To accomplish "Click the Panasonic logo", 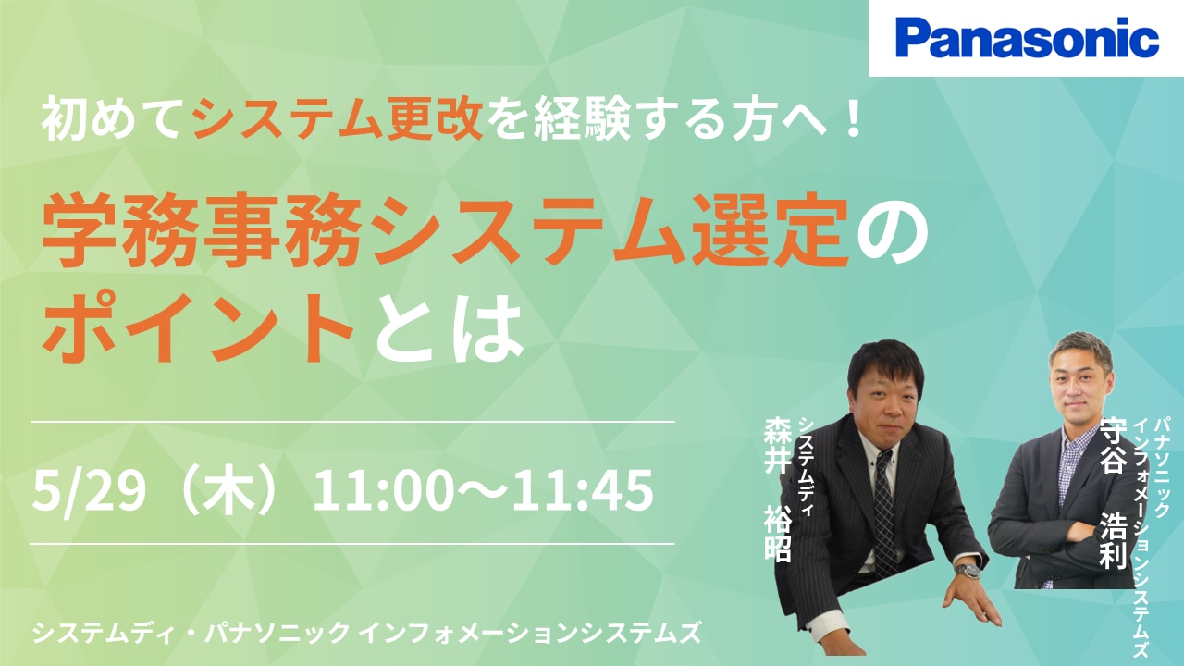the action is pos(1027,38).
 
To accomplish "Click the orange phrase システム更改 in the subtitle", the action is pos(338,120).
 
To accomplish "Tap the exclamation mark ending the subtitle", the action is pos(851,119).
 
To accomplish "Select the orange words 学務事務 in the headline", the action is pos(202,232).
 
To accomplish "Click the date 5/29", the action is pos(89,491).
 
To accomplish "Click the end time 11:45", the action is pos(583,491).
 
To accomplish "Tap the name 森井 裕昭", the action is pos(777,489).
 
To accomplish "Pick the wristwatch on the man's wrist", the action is pos(967,572).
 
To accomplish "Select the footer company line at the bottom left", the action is pos(367,632).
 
